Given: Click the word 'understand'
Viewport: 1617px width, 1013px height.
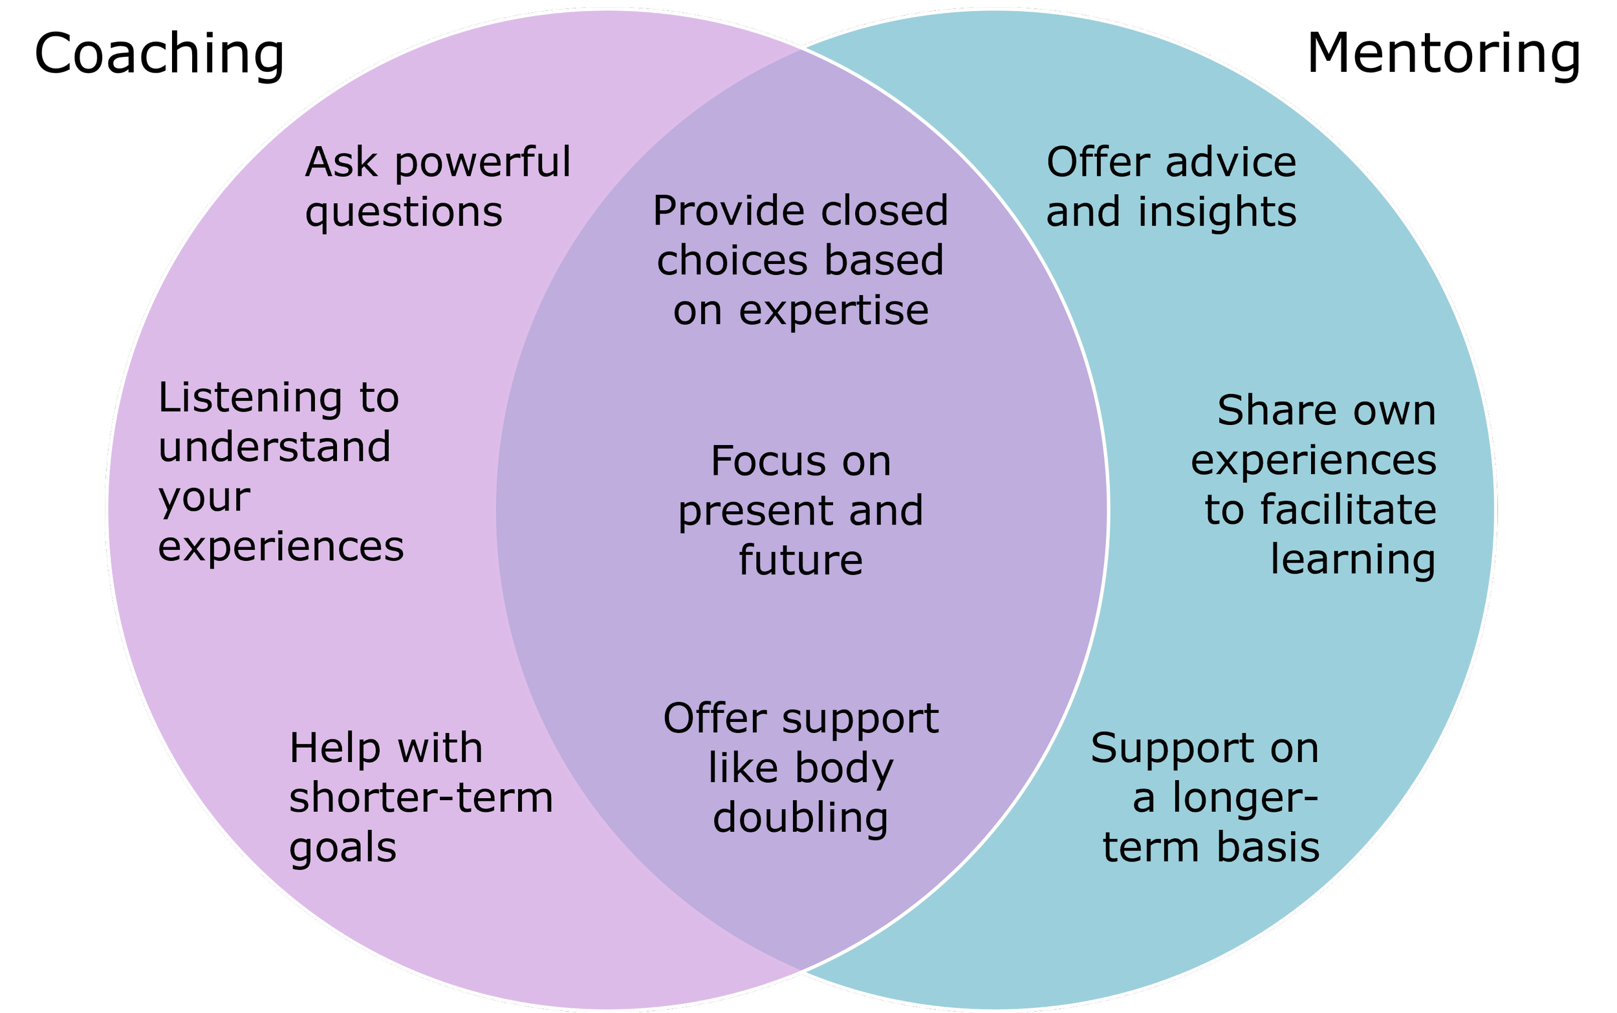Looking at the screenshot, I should [274, 447].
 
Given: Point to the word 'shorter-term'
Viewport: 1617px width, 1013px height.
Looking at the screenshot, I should [420, 798].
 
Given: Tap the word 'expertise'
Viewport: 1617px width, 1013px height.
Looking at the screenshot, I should [833, 311].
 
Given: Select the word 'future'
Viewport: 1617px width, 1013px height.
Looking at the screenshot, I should [801, 561].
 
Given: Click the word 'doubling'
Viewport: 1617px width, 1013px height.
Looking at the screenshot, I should [801, 819].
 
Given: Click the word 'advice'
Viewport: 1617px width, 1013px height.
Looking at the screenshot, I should [1230, 164].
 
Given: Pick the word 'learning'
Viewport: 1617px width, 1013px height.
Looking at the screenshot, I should [1352, 560].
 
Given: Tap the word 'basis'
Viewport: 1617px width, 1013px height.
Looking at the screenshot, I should [1266, 847].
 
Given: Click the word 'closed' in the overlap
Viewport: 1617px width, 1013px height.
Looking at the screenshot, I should [884, 212].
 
